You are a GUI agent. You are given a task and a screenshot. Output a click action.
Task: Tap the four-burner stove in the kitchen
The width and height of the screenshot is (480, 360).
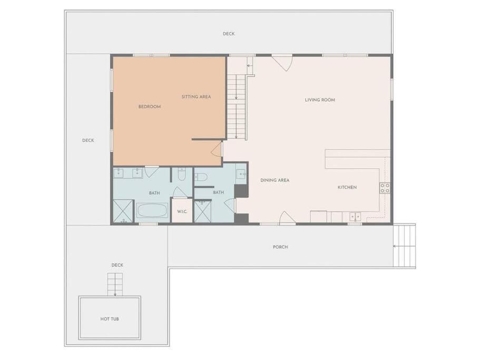pos(385,188)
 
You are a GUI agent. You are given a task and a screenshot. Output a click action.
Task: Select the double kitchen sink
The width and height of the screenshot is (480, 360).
pos(356,216)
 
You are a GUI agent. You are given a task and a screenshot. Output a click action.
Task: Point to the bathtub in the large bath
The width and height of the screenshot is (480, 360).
pos(152,211)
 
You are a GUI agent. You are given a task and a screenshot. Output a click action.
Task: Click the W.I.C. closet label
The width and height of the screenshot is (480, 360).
pos(182,211)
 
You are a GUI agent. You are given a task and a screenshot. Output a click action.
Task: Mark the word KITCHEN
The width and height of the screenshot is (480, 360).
pos(347,187)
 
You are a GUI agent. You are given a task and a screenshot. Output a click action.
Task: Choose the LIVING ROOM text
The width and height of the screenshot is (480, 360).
pos(320,100)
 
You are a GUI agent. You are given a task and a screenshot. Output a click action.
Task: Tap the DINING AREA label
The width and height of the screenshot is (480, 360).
pos(275,180)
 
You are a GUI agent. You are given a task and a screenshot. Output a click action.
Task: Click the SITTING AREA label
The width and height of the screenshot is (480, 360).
pos(196,96)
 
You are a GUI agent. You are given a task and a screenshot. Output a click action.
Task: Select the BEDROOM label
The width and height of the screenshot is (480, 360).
pos(150,106)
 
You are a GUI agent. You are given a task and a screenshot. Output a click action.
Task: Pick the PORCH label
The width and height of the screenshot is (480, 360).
pos(280,247)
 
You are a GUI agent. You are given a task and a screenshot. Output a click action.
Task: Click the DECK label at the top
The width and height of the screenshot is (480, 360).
pos(228,34)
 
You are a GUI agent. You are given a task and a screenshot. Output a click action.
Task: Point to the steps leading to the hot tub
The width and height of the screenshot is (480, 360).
pos(115,285)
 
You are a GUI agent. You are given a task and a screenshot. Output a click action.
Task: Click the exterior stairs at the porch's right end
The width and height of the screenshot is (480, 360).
pos(405,246)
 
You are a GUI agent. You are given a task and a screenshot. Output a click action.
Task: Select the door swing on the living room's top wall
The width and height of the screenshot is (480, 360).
pos(282,62)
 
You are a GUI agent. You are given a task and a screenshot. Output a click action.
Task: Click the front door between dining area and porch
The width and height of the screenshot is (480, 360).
pos(287,217)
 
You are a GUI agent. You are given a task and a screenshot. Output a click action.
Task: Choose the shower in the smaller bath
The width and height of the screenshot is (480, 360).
pos(202,211)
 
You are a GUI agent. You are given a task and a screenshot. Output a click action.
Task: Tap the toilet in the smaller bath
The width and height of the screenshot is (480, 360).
pos(201,177)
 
